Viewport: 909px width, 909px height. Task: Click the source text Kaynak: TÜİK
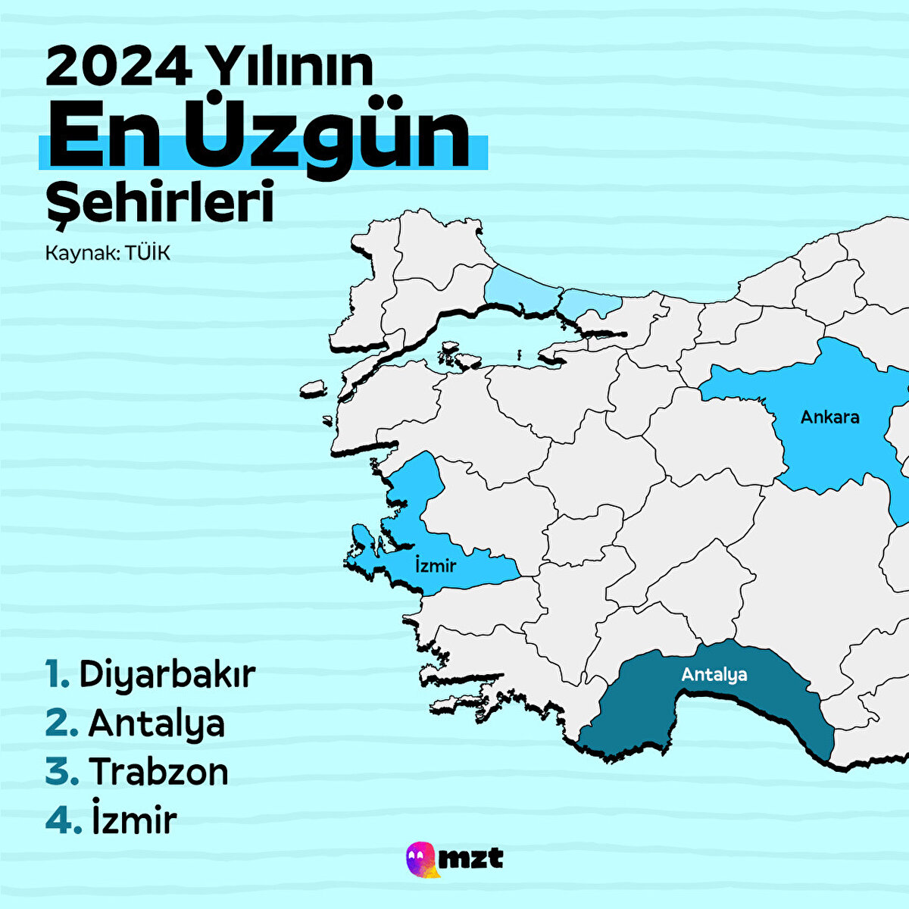tap(108, 253)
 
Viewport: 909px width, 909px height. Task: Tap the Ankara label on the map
tap(830, 417)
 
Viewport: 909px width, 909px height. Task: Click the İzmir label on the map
tap(436, 564)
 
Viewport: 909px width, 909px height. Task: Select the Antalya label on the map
tap(714, 674)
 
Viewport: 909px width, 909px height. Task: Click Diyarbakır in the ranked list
tap(167, 674)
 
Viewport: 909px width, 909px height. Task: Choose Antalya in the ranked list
tap(157, 723)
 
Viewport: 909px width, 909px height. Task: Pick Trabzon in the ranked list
tap(159, 772)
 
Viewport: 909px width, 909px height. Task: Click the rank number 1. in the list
tap(57, 674)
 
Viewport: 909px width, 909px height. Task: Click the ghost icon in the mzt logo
tap(421, 859)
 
